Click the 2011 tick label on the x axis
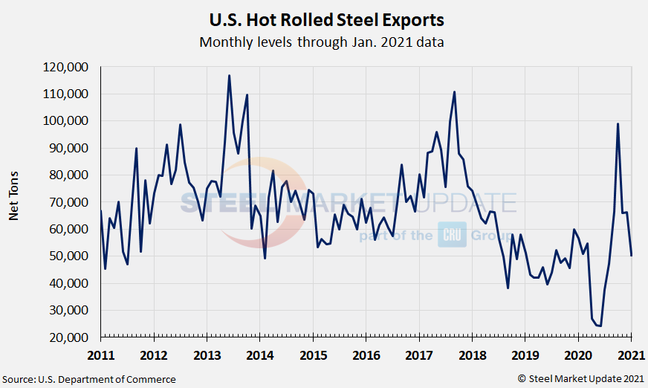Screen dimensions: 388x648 tap(100, 354)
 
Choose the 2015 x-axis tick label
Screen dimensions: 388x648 tap(312, 354)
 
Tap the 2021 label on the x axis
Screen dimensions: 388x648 tap(631, 354)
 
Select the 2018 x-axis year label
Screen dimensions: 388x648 tap(472, 354)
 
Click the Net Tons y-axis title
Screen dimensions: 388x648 tap(13, 195)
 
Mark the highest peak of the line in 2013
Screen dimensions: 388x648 tap(229, 75)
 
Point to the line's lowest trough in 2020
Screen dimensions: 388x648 tap(600, 326)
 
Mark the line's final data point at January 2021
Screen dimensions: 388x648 tap(632, 256)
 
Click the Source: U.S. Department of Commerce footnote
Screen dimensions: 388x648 tap(89, 379)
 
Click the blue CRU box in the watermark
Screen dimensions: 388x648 tap(451, 235)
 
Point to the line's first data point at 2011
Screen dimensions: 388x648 tap(100, 211)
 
